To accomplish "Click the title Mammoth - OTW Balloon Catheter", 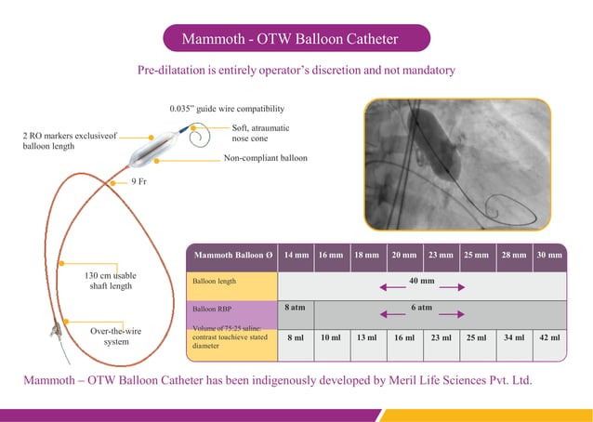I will click(296, 39).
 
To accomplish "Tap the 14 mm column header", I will click(296, 255).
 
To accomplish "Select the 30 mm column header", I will click(548, 255).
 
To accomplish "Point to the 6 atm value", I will click(421, 306).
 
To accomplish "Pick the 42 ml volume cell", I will click(548, 337).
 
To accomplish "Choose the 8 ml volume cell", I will click(296, 337).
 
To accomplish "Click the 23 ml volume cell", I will click(440, 337).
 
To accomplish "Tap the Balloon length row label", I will click(214, 281).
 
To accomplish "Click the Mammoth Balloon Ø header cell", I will click(232, 255).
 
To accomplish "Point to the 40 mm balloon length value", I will click(422, 280).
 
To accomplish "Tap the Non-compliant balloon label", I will click(265, 159).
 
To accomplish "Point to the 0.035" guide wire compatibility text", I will click(227, 109).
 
